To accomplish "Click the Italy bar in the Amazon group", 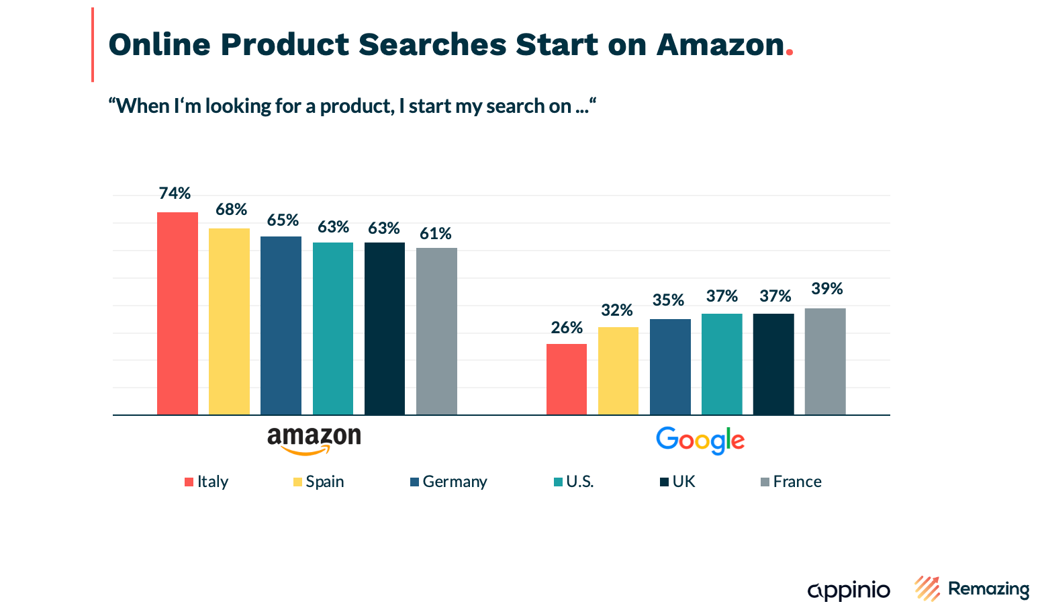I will pyautogui.click(x=177, y=313).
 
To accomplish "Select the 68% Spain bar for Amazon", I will pyautogui.click(x=229, y=321).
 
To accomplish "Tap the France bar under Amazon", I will pyautogui.click(x=436, y=331).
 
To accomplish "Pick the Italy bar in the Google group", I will pyautogui.click(x=566, y=379).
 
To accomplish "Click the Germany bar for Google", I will pyautogui.click(x=670, y=367).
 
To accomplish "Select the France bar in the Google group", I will pyautogui.click(x=825, y=361).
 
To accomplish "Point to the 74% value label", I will pyautogui.click(x=175, y=193).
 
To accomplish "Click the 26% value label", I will pyautogui.click(x=567, y=328).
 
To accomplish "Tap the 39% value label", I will pyautogui.click(x=826, y=289).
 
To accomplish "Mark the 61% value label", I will pyautogui.click(x=436, y=234).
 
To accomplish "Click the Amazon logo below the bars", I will pyautogui.click(x=314, y=441).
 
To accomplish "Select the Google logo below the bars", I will pyautogui.click(x=700, y=441).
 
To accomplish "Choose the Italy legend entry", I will pyautogui.click(x=207, y=482).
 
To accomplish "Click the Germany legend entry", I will pyautogui.click(x=448, y=482).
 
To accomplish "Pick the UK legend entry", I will pyautogui.click(x=678, y=482).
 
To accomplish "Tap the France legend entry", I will pyautogui.click(x=791, y=482).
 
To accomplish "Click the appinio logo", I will pyautogui.click(x=849, y=590).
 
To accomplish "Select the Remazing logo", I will pyautogui.click(x=972, y=588).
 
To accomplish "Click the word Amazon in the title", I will pyautogui.click(x=720, y=44).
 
